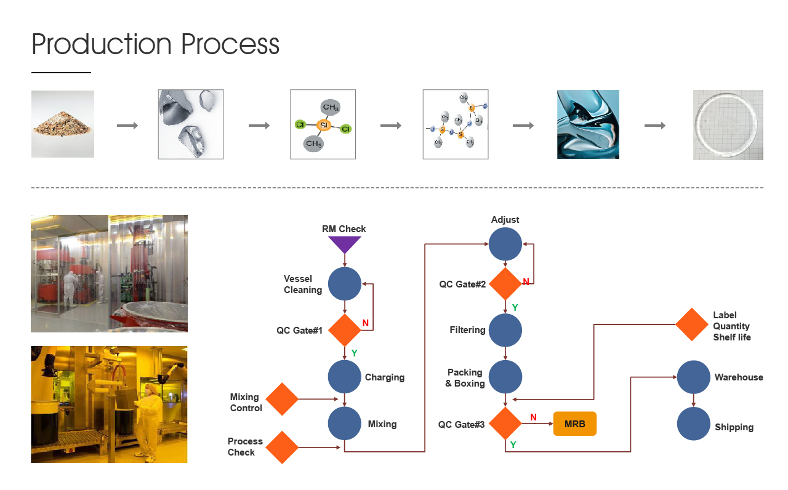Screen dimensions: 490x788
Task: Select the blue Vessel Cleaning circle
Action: pyautogui.click(x=345, y=284)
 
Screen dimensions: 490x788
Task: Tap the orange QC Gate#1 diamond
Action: pyautogui.click(x=345, y=331)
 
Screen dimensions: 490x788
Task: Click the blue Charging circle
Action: pyautogui.click(x=345, y=377)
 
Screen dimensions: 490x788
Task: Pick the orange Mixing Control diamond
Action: pyautogui.click(x=282, y=399)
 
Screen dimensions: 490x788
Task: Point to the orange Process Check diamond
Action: pyautogui.click(x=282, y=447)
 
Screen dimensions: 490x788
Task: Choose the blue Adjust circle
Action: pyautogui.click(x=505, y=244)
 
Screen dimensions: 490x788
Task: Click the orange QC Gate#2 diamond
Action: pyautogui.click(x=505, y=284)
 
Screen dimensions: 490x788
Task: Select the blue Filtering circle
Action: pyautogui.click(x=505, y=330)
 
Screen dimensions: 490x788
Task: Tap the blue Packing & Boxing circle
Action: pyautogui.click(x=505, y=377)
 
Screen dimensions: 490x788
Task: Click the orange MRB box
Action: pyautogui.click(x=575, y=424)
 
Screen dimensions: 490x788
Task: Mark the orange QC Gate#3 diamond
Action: pyautogui.click(x=505, y=424)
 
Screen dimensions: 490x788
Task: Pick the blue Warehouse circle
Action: pyautogui.click(x=694, y=377)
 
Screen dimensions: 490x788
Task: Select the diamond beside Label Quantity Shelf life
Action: pyautogui.click(x=692, y=324)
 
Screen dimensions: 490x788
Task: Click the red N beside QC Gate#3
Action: pyautogui.click(x=533, y=417)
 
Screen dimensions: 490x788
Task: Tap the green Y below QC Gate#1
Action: pyautogui.click(x=354, y=353)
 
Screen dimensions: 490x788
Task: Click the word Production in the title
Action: pyautogui.click(x=102, y=45)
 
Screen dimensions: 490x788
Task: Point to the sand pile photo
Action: pyautogui.click(x=63, y=124)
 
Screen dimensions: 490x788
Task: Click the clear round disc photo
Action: pyautogui.click(x=728, y=125)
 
